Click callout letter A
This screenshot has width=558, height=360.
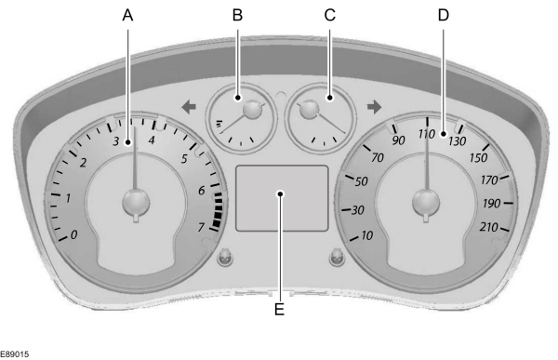[x=128, y=14]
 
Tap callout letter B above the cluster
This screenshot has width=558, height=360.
[x=237, y=14]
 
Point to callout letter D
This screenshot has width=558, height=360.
[x=443, y=14]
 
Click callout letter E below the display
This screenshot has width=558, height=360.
[x=279, y=309]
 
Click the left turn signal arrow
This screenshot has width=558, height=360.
[x=189, y=107]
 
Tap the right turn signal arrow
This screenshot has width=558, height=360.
[x=374, y=107]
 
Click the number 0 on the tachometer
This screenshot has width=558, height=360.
[x=74, y=234]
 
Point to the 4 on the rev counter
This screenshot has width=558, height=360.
[x=151, y=140]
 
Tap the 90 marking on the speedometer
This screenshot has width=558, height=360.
[x=400, y=140]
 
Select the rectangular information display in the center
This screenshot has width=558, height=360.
[x=282, y=198]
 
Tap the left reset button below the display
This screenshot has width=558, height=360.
[x=223, y=258]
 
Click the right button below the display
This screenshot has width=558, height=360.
[x=338, y=258]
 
